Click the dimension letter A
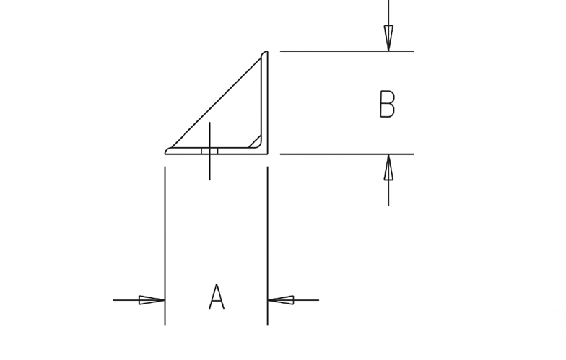(x=217, y=297)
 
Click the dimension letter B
(x=387, y=104)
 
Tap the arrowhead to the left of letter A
(x=152, y=300)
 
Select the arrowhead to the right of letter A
(x=281, y=300)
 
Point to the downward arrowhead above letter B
(x=388, y=38)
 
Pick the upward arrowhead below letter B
(x=388, y=167)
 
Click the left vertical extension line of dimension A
(x=165, y=245)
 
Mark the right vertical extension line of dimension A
(x=267, y=245)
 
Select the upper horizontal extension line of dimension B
(x=347, y=51)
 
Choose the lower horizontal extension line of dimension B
(x=347, y=154)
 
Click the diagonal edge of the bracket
(x=217, y=102)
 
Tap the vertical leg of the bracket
(x=264, y=102)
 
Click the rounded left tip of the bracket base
(x=167, y=152)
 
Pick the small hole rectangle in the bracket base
(x=209, y=151)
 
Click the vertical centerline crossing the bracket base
(x=209, y=151)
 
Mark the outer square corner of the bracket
(x=267, y=154)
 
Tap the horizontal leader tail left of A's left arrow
(x=126, y=300)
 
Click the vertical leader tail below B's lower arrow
(x=388, y=193)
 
